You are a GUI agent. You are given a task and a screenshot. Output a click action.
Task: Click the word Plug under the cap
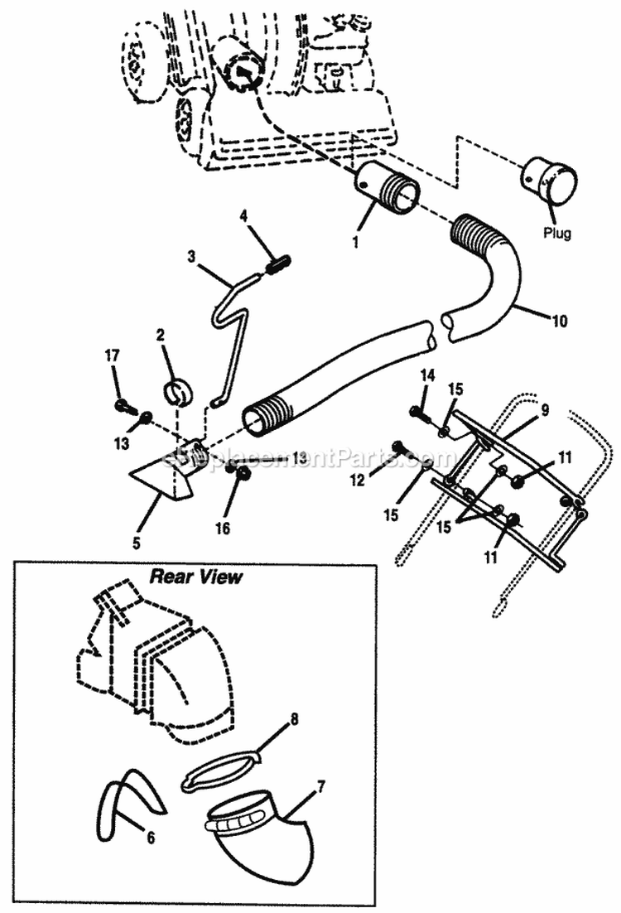click(556, 233)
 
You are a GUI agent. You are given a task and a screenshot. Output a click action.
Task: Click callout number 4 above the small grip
click(244, 215)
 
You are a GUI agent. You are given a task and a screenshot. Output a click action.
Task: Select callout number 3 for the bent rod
click(191, 258)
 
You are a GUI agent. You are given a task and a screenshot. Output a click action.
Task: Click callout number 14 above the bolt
click(427, 376)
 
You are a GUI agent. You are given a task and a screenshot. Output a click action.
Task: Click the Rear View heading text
click(195, 577)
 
